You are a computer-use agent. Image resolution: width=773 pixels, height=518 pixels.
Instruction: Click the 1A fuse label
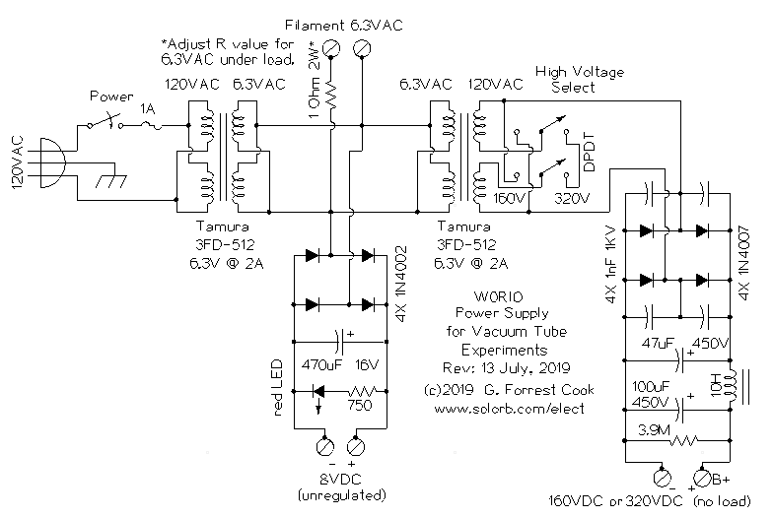tap(149, 112)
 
